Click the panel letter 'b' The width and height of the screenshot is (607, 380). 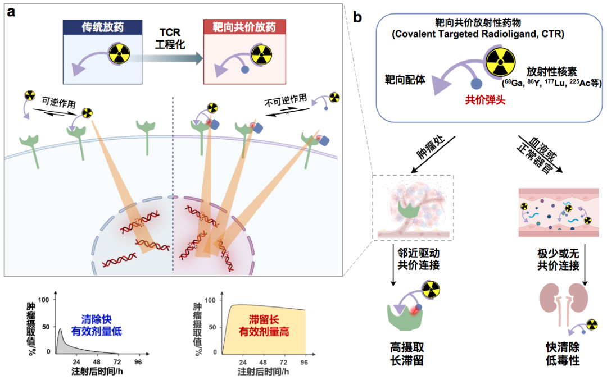(358, 17)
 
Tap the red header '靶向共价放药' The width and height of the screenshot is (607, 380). (244, 26)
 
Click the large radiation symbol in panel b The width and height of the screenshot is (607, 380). (500, 60)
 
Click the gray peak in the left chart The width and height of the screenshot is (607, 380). (61, 340)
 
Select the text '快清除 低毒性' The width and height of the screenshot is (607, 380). (561, 352)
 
